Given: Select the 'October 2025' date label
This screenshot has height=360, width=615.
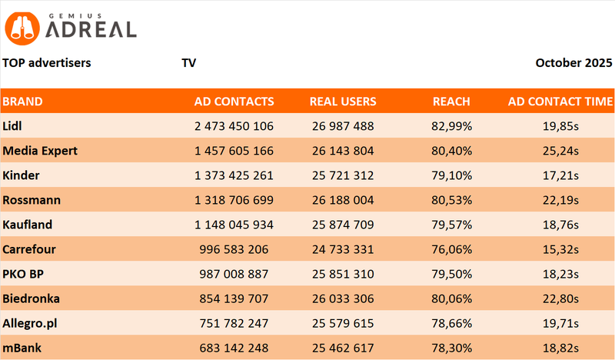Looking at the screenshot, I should point(573,63).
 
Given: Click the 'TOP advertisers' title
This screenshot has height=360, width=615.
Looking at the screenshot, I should point(47,63).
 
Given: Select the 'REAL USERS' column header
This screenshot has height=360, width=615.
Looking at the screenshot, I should point(343,102).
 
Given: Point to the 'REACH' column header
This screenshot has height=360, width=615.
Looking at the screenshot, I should point(451,102).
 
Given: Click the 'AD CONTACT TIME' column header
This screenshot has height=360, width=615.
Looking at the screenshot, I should point(560,102).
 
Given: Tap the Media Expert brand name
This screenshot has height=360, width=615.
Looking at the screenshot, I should point(40,150).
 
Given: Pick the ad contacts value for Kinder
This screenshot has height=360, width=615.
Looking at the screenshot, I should point(230,175).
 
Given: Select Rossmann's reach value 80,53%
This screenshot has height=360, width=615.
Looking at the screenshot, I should point(451,200).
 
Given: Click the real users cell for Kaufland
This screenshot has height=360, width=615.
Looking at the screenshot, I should point(343,225).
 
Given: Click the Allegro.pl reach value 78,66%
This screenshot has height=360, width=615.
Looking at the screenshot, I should point(451,323).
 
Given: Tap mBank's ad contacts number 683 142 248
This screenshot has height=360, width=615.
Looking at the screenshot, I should point(230,348).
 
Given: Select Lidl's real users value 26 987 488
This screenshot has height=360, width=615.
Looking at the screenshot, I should point(343,125).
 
